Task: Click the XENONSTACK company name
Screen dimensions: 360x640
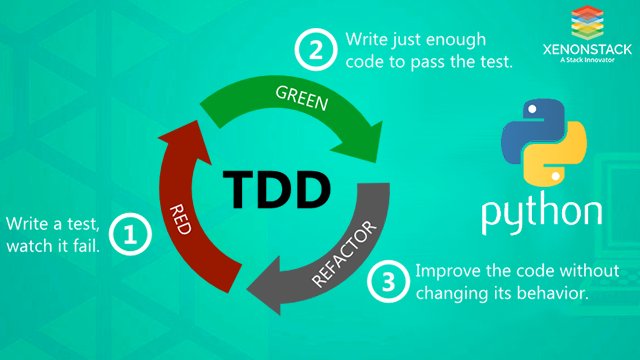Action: click(584, 48)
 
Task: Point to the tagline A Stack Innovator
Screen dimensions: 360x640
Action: click(584, 60)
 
